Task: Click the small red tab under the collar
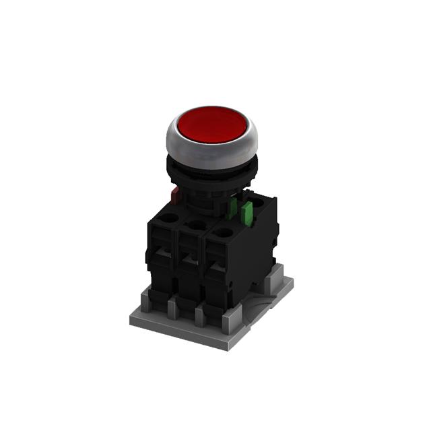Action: (x=176, y=195)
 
